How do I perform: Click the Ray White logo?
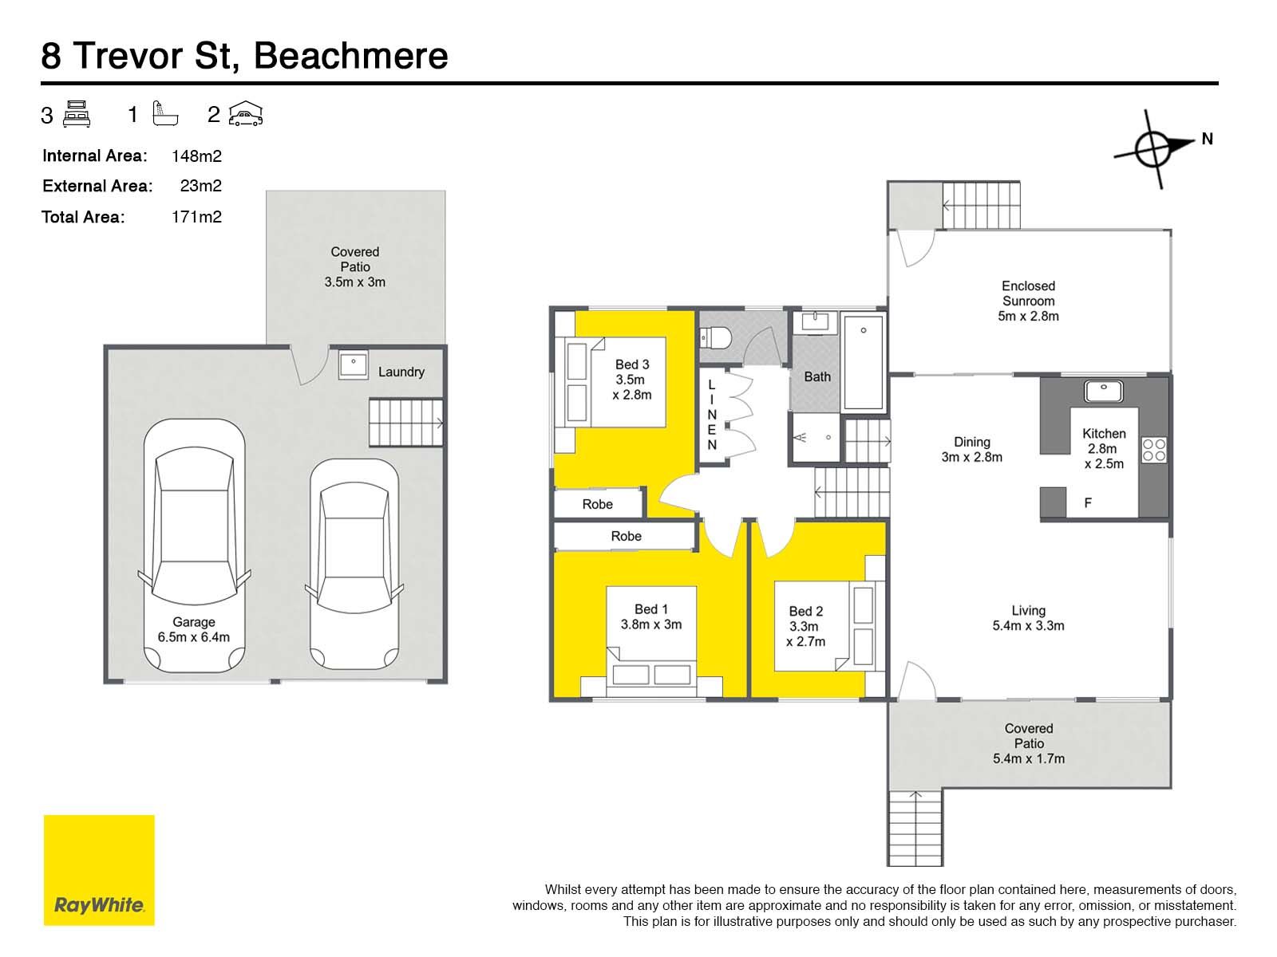[x=99, y=870]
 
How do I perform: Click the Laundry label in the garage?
[x=401, y=372]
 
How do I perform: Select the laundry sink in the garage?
[x=353, y=365]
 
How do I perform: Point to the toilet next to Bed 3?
[x=715, y=337]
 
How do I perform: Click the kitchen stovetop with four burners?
[x=1153, y=450]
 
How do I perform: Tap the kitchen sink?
[x=1103, y=392]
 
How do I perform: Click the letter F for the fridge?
[x=1088, y=502]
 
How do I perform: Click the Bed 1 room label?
[x=651, y=616]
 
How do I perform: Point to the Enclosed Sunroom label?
[x=1028, y=301]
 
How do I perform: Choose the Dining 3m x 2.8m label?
[x=971, y=450]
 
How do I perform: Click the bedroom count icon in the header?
[x=76, y=114]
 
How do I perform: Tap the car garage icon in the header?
[x=246, y=113]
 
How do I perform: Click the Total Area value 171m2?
[x=196, y=217]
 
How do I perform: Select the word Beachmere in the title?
[x=351, y=56]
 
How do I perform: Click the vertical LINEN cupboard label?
[x=711, y=414]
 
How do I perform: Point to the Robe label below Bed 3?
[x=598, y=504]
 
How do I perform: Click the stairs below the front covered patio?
[x=915, y=828]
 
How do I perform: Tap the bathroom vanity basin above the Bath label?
[x=815, y=322]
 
